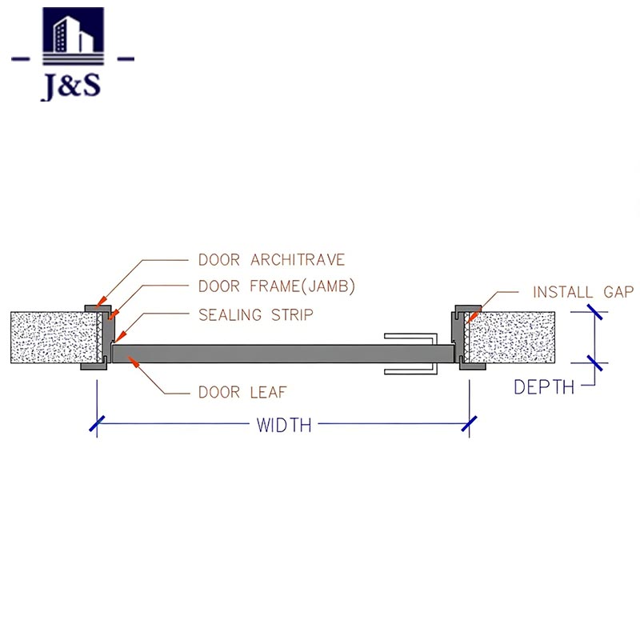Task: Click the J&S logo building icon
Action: [x=72, y=36]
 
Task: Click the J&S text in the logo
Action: [x=71, y=86]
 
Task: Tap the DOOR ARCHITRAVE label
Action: [x=271, y=260]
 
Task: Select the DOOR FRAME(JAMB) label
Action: [x=277, y=286]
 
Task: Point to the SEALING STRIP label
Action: [x=255, y=314]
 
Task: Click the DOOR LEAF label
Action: [x=242, y=392]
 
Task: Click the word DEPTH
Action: [x=544, y=387]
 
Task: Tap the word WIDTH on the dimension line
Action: [x=284, y=425]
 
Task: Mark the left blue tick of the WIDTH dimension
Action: [x=98, y=424]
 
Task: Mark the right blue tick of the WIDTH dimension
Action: [x=469, y=424]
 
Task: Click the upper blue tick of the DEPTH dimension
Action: [x=594, y=313]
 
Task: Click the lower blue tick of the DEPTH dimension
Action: [x=594, y=362]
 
